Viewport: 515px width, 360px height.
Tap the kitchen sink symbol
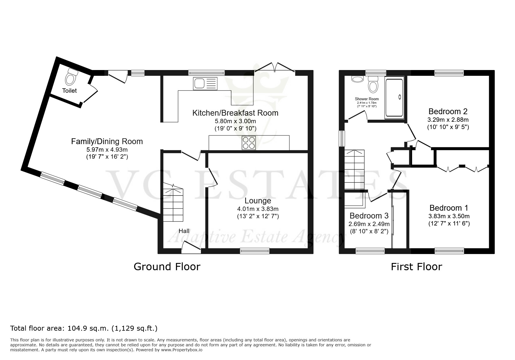coord(205,84)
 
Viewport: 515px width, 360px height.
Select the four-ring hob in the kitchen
coord(249,143)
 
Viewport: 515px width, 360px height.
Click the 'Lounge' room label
coord(258,201)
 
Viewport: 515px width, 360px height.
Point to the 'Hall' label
coord(184,231)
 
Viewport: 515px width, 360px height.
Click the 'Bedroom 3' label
coord(369,216)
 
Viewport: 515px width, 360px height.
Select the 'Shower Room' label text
coord(367,99)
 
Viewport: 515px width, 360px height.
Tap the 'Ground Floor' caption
coord(167,267)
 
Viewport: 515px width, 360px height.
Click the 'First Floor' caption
coord(416,267)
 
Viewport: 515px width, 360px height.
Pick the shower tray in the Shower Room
coord(394,98)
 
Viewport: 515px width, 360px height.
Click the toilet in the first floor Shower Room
coord(373,84)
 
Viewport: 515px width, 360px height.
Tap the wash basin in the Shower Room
coord(357,79)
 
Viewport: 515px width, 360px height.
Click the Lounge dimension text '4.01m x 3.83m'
coord(258,209)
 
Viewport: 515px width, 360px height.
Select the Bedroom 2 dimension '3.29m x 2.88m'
coord(448,120)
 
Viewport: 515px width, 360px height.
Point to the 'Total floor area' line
coord(84,329)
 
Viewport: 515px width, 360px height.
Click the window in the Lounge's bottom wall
coord(255,251)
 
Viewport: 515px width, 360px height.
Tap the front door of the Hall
coord(191,247)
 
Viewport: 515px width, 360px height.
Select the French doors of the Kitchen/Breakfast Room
coord(275,67)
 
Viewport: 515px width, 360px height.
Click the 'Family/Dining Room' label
coord(107,142)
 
